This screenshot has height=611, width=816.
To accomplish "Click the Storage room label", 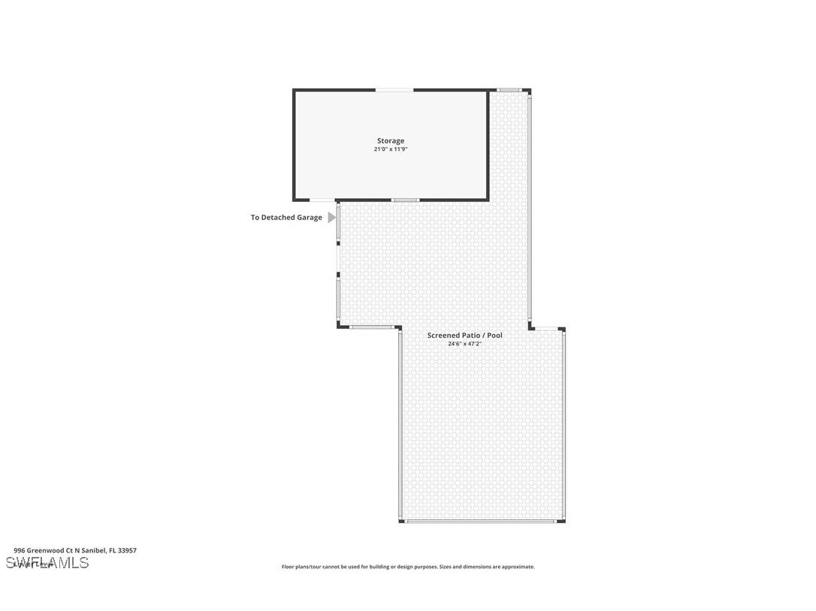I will (390, 140).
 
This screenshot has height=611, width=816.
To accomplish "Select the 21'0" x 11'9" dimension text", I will (390, 149).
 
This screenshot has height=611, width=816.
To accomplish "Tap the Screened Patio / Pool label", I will (464, 335).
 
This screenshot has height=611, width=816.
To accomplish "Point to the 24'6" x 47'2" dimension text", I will (464, 344).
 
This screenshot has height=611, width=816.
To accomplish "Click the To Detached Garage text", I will (286, 218).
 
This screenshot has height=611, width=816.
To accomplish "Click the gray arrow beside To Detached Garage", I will (331, 218).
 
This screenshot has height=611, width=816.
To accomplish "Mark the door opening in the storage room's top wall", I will (394, 90).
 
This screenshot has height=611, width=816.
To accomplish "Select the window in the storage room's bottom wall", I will (406, 200).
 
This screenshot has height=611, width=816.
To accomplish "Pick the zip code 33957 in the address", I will (127, 550).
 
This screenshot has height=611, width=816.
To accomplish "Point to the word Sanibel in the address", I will (93, 550).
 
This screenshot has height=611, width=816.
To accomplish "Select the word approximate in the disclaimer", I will (518, 567).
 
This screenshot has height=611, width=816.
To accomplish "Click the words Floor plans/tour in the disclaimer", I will (300, 567).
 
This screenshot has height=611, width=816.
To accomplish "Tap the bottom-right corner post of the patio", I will (563, 520).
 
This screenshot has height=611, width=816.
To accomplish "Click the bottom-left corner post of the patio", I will (400, 520).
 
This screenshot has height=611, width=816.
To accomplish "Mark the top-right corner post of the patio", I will (529, 91).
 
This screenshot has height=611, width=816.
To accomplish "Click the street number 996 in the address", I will (19, 550).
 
